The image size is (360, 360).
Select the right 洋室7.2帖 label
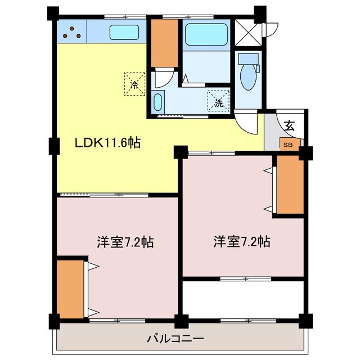pos(241,242)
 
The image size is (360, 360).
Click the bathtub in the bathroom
pos(205,33)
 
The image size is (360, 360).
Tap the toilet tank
pos(248,59)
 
